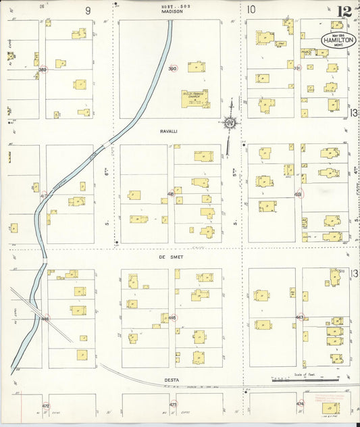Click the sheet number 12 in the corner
point(344,10)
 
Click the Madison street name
point(172,11)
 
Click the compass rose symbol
point(231,122)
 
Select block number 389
point(43,69)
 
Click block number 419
point(298,193)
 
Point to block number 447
point(299,316)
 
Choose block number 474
point(300,403)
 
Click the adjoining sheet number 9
point(87,10)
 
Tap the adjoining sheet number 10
point(251,9)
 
